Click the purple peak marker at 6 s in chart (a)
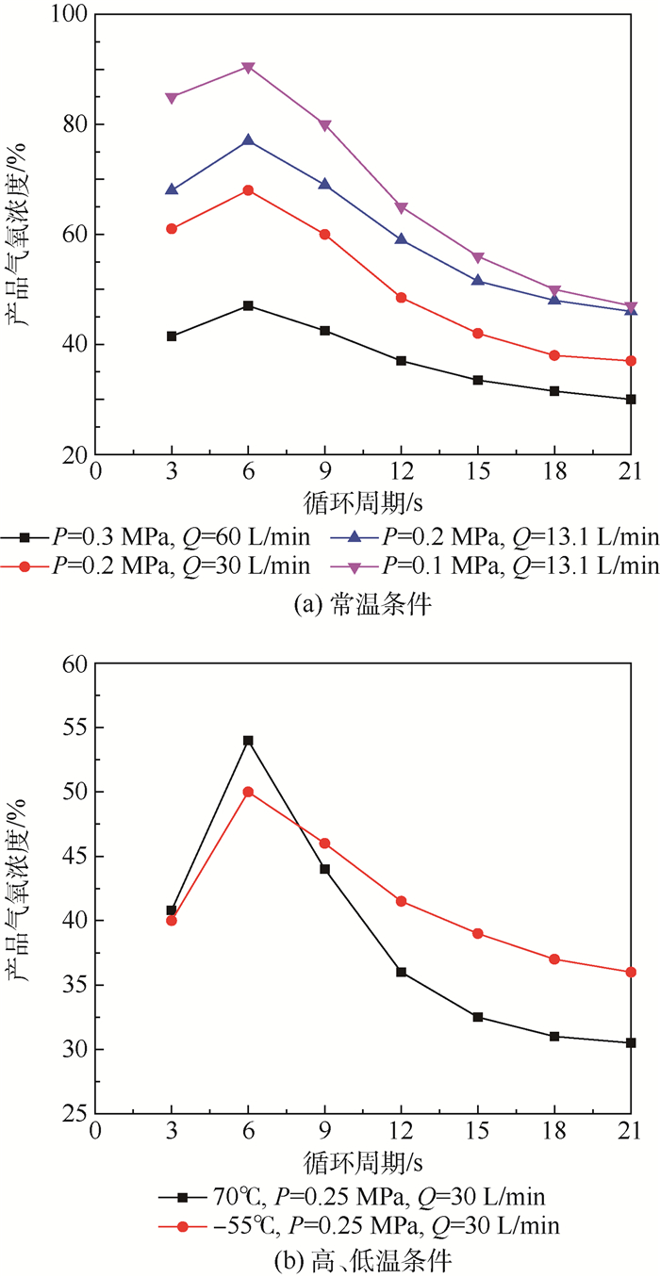click(248, 67)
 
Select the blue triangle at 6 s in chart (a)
click(248, 139)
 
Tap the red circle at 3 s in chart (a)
click(172, 228)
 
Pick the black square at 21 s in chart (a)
click(630, 399)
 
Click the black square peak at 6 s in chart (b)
click(248, 741)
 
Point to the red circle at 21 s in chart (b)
click(630, 972)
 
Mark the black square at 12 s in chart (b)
click(401, 972)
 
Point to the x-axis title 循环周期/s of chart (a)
click(362, 500)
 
